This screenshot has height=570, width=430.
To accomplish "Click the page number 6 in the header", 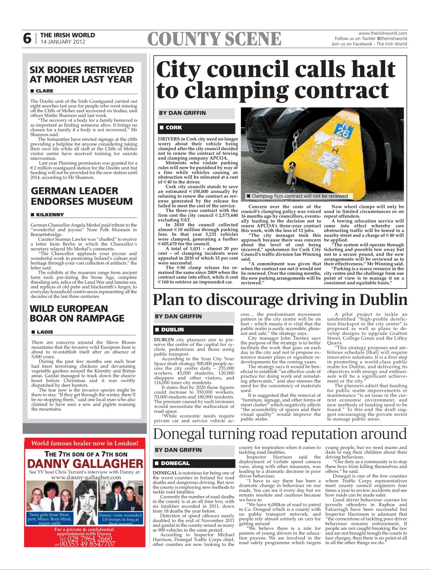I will click(28, 39).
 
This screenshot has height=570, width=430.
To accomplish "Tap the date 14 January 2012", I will click(63, 42).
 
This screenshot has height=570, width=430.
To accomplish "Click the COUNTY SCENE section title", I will click(214, 39).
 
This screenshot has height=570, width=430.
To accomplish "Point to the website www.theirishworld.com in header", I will click(382, 33).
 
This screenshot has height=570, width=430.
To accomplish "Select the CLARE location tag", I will click(44, 91).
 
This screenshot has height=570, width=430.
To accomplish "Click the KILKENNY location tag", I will click(49, 215).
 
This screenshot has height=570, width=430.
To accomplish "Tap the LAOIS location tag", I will click(45, 332).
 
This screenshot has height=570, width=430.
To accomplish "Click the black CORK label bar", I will click(196, 127).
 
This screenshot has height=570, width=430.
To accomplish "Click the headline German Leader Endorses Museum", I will click(81, 196).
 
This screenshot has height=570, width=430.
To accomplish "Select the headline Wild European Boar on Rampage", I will click(77, 313).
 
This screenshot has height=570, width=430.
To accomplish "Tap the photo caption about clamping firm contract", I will click(299, 196).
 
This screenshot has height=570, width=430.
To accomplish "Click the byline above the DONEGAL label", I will click(178, 450).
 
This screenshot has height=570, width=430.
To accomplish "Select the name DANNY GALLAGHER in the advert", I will click(85, 464).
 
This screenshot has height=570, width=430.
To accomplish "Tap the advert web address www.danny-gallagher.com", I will click(86, 477).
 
